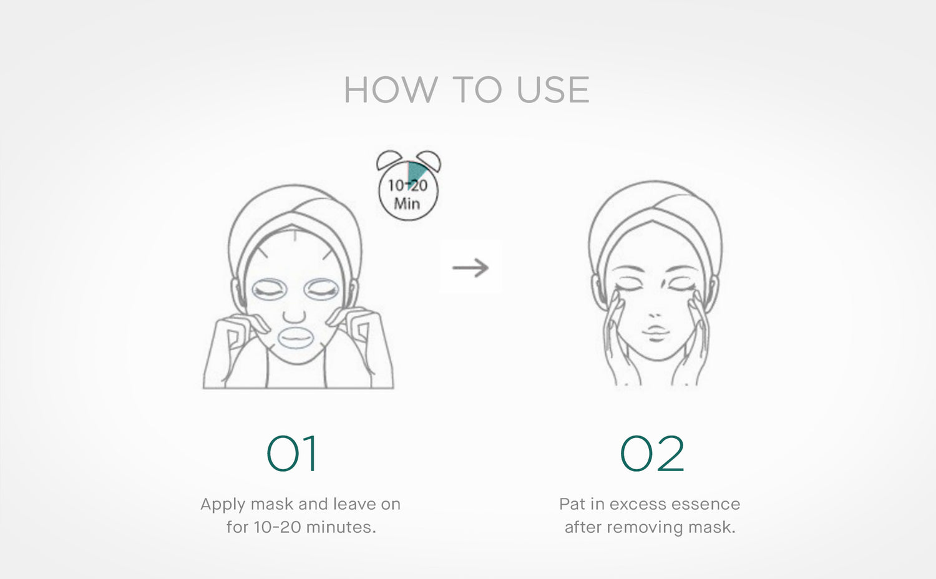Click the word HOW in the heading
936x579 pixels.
[390, 90]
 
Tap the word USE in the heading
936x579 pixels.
[553, 90]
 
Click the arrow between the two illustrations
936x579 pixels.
[470, 268]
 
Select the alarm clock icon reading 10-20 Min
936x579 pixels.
[408, 185]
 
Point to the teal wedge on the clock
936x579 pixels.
[416, 173]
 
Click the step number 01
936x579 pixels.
[291, 454]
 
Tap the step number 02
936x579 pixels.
[652, 454]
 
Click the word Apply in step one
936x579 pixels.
[223, 505]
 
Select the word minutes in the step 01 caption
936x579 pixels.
[341, 527]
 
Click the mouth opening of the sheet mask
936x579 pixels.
[295, 338]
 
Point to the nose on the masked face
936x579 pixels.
[295, 314]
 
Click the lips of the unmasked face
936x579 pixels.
[655, 332]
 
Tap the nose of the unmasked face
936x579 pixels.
[655, 314]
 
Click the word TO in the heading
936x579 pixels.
[476, 90]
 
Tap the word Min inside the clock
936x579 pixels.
[407, 204]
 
